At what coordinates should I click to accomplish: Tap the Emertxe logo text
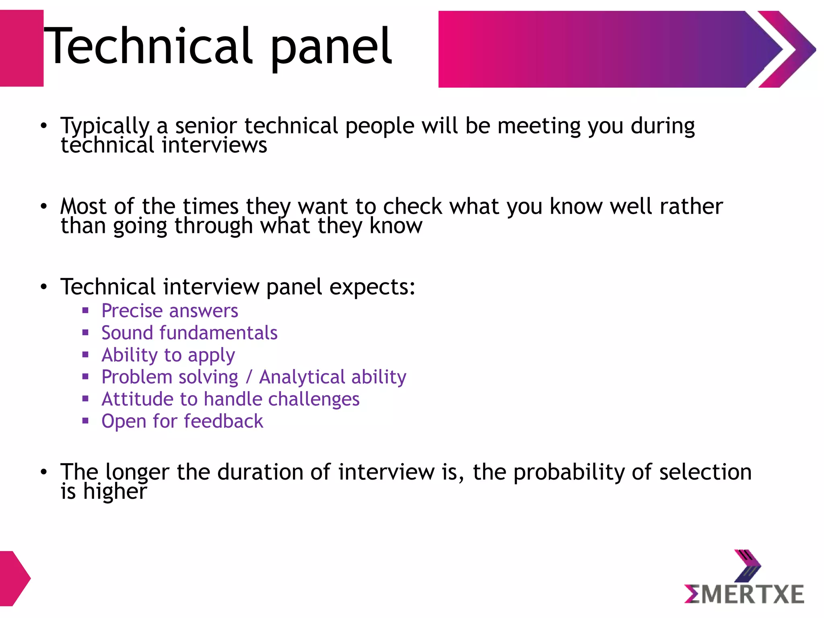744,594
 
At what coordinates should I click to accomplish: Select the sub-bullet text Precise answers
169,311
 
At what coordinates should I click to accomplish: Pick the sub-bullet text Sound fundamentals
189,333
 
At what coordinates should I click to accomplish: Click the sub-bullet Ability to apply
168,355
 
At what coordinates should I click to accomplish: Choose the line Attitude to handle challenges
230,400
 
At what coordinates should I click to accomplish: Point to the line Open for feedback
182,422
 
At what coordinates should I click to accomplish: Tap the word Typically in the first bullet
105,126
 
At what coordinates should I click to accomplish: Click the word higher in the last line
115,492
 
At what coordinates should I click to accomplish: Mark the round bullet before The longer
43,472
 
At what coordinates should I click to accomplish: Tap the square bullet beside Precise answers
85,310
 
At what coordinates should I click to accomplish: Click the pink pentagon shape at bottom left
13,579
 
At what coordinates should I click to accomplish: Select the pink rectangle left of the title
21,48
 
